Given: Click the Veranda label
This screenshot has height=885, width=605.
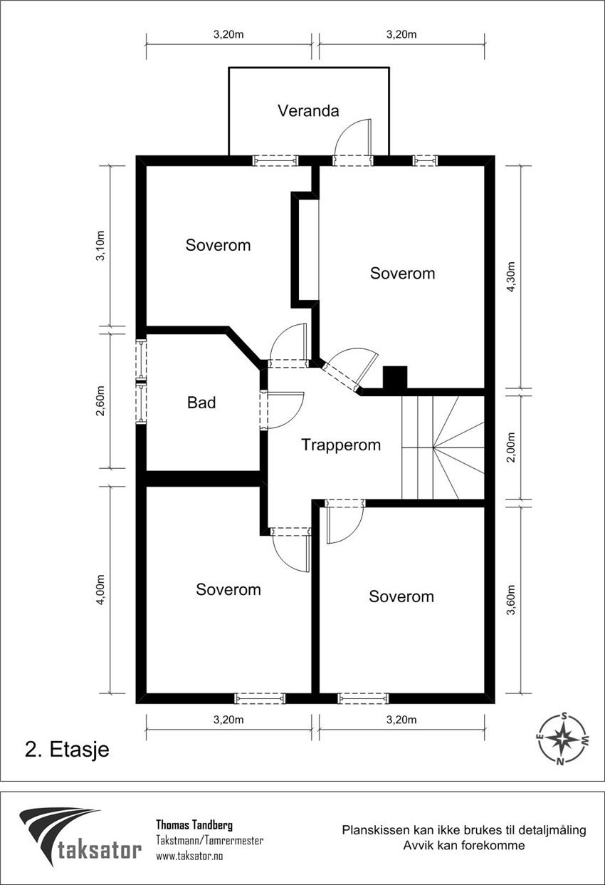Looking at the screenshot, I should pyautogui.click(x=308, y=111).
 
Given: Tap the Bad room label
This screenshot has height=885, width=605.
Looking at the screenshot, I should pyautogui.click(x=201, y=403).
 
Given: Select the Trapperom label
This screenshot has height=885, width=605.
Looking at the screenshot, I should pyautogui.click(x=340, y=445).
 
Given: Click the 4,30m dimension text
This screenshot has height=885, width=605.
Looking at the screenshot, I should pyautogui.click(x=511, y=276).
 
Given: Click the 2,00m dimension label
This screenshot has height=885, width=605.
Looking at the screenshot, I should pyautogui.click(x=511, y=447).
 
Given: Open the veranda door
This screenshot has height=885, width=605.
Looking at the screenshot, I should pyautogui.click(x=354, y=143).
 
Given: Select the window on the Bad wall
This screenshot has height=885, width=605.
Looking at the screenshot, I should pyautogui.click(x=142, y=382).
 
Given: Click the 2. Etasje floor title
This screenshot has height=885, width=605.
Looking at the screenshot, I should pyautogui.click(x=67, y=750).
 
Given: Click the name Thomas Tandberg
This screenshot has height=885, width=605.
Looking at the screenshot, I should pyautogui.click(x=194, y=825).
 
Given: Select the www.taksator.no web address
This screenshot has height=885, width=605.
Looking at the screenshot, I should pyautogui.click(x=189, y=856).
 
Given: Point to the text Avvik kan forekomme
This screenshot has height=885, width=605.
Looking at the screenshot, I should pyautogui.click(x=463, y=846).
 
